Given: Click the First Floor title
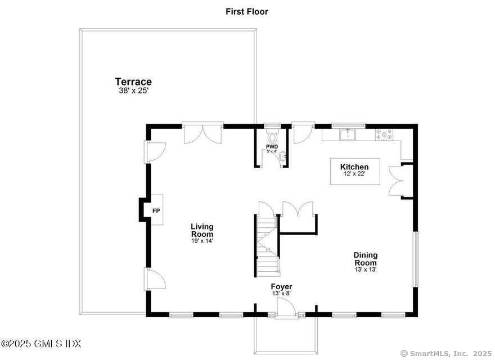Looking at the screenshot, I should point(247,11).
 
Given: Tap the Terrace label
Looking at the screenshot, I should point(133,82).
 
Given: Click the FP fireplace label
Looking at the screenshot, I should point(156,211).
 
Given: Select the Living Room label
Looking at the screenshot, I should point(202,230).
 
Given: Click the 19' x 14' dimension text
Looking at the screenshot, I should point(202,241).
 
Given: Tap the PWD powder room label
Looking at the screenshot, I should point(272,147).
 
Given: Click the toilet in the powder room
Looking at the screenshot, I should point(272,136).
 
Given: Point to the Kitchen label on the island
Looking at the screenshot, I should point(354,166).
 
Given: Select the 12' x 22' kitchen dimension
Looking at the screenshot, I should point(354,174).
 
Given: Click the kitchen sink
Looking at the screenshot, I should point(349,134).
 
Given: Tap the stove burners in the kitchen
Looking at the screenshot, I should point(384,134).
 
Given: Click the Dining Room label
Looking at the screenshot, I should point(366,258).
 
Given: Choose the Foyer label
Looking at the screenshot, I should point(282,286).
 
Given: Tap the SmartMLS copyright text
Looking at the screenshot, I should point(447,353).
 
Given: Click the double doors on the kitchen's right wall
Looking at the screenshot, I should point(397,181).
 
